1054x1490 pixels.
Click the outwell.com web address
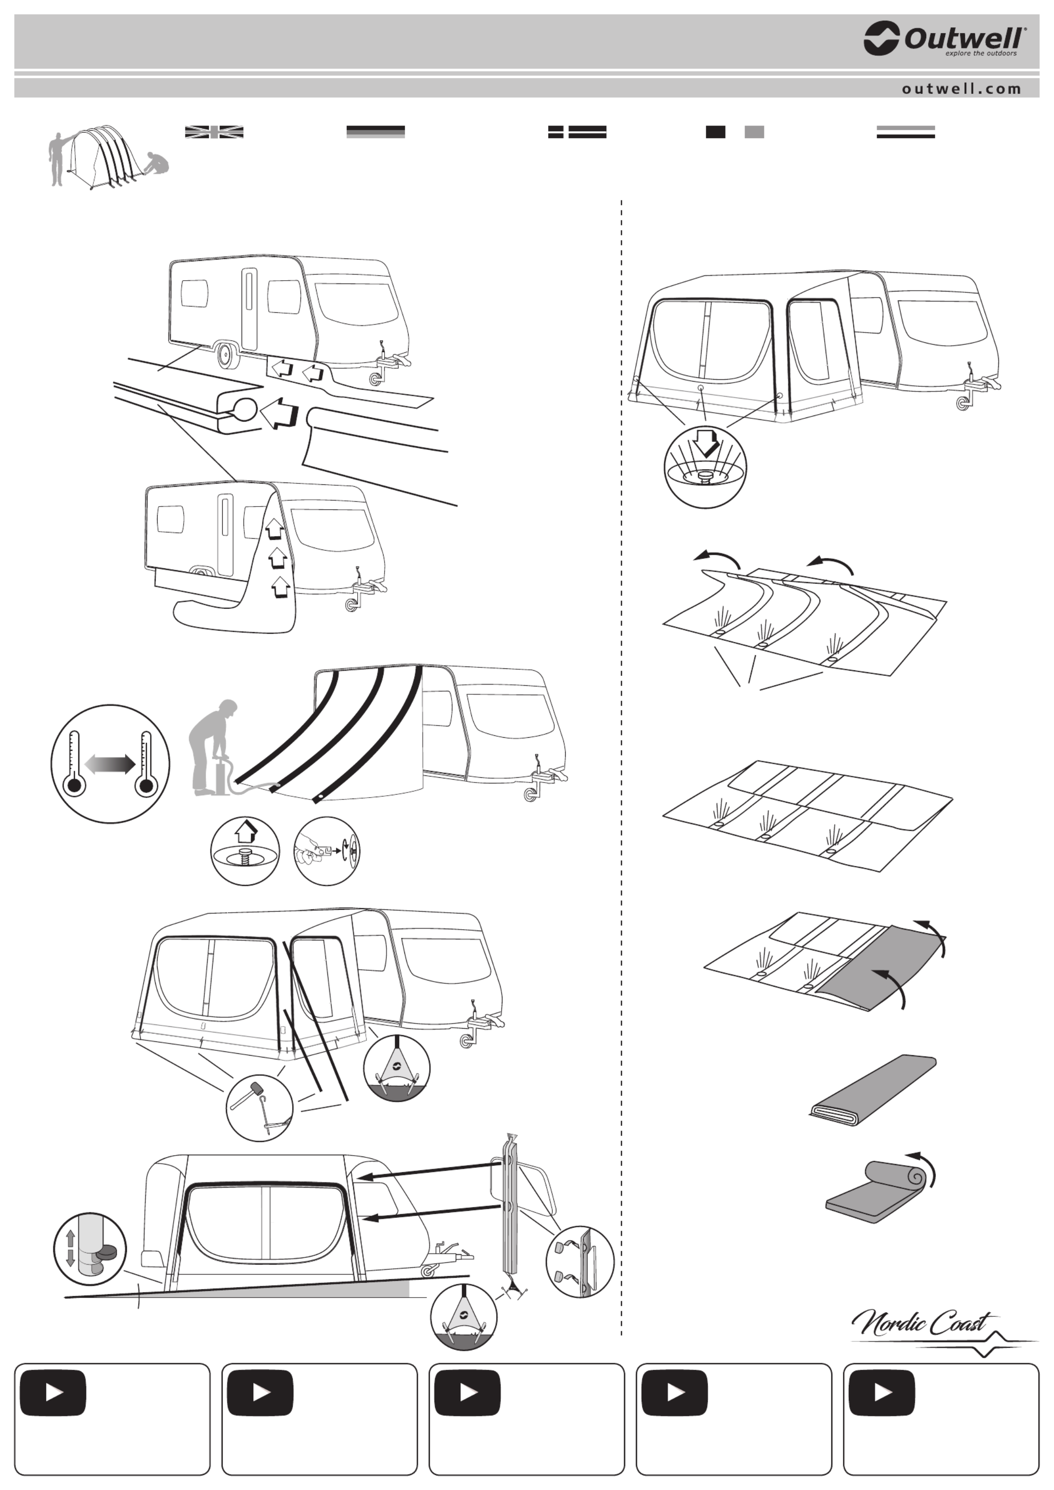pyautogui.click(x=961, y=89)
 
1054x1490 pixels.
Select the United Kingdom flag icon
pyautogui.click(x=214, y=132)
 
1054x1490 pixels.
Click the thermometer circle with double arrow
pyautogui.click(x=110, y=764)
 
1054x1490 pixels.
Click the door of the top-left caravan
pyautogui.click(x=249, y=310)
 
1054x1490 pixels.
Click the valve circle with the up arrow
pyautogui.click(x=245, y=851)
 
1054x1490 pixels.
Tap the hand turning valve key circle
pyautogui.click(x=326, y=851)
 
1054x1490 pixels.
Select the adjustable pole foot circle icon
pyautogui.click(x=90, y=1249)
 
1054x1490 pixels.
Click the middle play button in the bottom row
pyautogui.click(x=467, y=1393)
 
